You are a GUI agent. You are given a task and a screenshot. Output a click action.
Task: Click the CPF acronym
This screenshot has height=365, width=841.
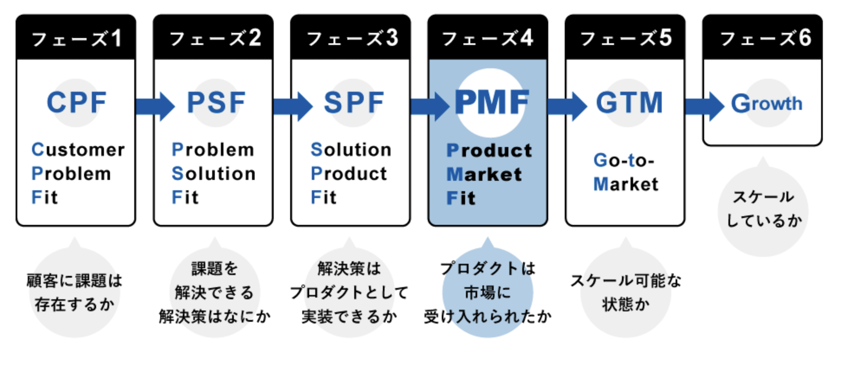pos(77,103)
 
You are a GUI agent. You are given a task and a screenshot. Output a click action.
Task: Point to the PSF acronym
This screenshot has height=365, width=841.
pos(216,103)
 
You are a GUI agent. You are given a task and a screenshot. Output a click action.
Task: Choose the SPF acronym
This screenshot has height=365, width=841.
pos(354,103)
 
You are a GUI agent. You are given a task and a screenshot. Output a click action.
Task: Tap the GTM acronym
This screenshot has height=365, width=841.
pos(629,103)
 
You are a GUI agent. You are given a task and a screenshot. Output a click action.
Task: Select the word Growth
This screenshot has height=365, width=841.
pos(767,104)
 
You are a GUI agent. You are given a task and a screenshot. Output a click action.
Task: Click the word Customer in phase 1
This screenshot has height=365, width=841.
pos(78,150)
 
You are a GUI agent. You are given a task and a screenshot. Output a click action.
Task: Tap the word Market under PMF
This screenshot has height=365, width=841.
pos(484,174)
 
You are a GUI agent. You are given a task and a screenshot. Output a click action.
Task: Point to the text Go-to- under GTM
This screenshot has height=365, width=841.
pos(624,160)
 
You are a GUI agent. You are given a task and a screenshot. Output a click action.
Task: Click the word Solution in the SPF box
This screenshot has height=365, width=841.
pos(351,150)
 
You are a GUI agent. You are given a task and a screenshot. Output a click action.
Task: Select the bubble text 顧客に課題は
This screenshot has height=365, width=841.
pos(74,281)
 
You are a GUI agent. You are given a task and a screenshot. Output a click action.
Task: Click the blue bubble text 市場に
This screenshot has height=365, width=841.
pos(488,293)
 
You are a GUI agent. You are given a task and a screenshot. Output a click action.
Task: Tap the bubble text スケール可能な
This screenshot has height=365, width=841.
pos(626,281)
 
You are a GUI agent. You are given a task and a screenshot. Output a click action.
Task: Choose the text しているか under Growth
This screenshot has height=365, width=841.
pos(764,221)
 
